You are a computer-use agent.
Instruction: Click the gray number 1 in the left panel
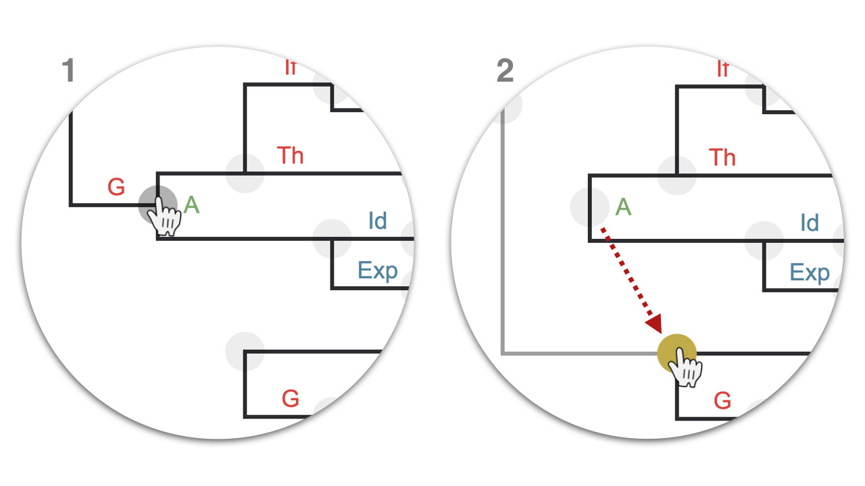coord(68,71)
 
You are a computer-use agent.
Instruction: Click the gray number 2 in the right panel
coord(505,71)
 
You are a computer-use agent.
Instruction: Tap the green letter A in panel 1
coord(192,205)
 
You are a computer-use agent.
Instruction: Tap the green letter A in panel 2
coord(623,207)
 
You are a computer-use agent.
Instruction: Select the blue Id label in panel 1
coord(377,221)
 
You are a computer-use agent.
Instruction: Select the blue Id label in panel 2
coord(809,223)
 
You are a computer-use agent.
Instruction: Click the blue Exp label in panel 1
coord(378,271)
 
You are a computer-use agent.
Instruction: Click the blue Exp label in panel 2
coord(810,273)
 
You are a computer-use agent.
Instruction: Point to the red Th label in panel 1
coord(291,155)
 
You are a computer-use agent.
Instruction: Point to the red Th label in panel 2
coord(722,157)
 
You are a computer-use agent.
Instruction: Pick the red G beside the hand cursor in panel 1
coord(116,188)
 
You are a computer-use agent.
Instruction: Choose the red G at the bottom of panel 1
coord(291,399)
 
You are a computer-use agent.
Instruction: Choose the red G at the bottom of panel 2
coord(722,401)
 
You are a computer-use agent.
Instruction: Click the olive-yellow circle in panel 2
coord(676,353)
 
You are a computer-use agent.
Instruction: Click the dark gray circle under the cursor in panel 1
coord(157,204)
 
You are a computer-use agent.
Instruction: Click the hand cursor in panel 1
coord(165,219)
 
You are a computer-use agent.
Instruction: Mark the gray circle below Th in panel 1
coord(245,173)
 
